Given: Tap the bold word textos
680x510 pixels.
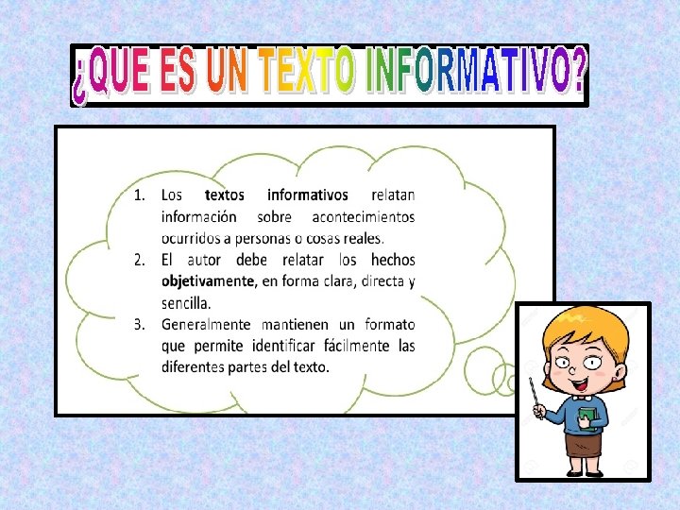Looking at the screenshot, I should click(224, 195).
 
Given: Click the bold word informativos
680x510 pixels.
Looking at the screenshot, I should click(307, 195).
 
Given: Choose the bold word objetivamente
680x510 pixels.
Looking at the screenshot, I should click(207, 281).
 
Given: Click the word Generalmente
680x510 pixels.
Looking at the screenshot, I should click(209, 325).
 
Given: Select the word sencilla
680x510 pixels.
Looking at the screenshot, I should click(186, 303).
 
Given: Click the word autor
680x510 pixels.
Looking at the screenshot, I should click(208, 260).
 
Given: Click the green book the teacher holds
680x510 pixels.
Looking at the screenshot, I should click(588, 416).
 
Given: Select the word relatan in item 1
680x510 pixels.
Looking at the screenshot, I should click(393, 195).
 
